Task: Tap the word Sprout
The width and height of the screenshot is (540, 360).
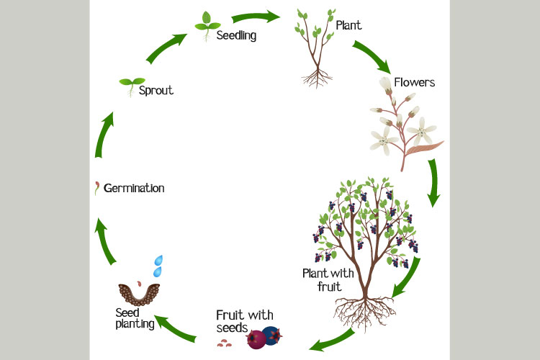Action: pos(156,91)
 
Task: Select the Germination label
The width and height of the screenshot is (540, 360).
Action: pos(134,188)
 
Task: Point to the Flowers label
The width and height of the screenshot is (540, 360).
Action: pos(414,82)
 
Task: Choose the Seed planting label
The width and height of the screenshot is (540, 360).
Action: pos(135,318)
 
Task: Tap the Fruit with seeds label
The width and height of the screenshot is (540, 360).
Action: pos(241,321)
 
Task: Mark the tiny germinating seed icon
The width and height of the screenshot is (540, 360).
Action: pos(96,189)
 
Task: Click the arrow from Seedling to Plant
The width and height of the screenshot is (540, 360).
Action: pos(258,14)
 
